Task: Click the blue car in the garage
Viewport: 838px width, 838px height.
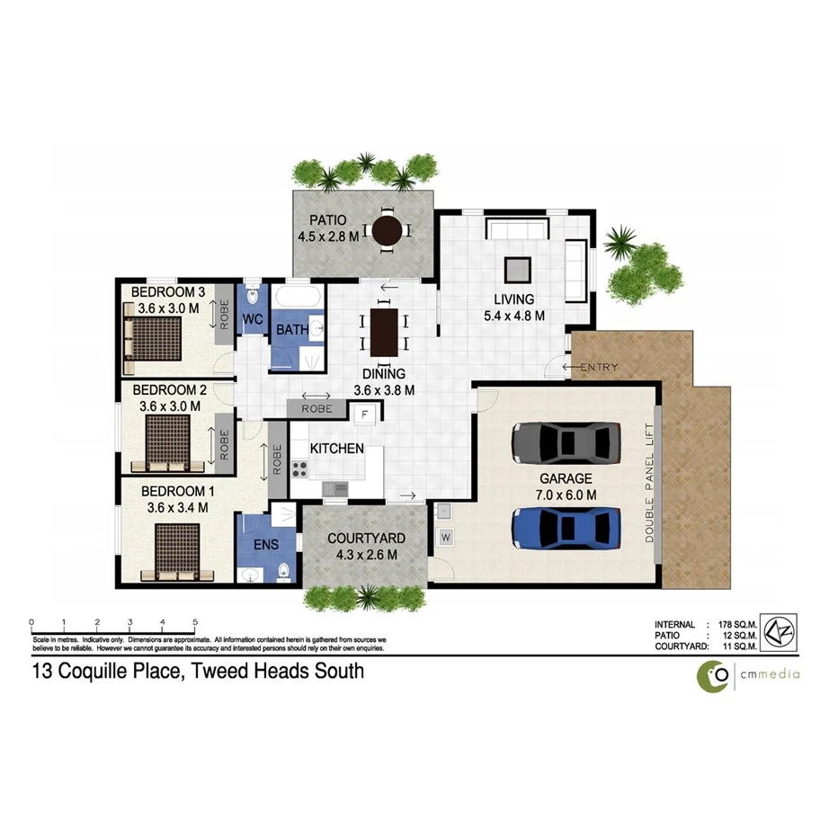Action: tap(566, 527)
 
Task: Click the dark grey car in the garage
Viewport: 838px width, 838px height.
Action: tap(566, 441)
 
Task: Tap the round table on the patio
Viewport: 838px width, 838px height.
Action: tap(388, 231)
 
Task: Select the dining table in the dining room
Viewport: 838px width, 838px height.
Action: tap(383, 331)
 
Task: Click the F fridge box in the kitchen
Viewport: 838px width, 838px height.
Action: tap(364, 415)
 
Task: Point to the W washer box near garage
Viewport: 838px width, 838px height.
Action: tap(446, 538)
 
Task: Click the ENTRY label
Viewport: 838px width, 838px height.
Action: tap(601, 367)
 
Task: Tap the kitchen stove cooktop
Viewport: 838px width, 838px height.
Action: tap(299, 468)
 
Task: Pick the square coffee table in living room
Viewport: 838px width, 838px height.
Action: tap(517, 270)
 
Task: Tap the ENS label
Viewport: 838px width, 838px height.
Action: tap(264, 545)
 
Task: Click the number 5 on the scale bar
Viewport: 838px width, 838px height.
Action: tap(195, 622)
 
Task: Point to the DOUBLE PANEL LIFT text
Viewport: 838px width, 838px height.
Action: tap(649, 483)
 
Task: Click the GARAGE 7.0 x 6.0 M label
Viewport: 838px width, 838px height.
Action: tap(566, 486)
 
